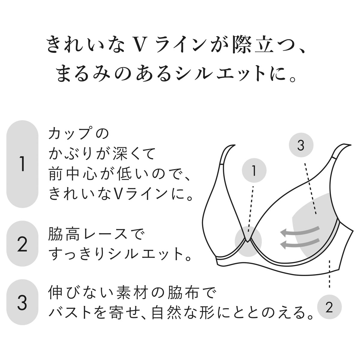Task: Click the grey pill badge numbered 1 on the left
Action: click(22, 164)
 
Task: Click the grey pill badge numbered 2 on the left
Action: click(22, 244)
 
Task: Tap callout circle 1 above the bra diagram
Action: click(254, 170)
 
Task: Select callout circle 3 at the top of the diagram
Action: click(301, 145)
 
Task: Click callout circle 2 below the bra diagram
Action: click(329, 307)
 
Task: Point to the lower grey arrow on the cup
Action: click(300, 243)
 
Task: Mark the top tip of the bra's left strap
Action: click(235, 145)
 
